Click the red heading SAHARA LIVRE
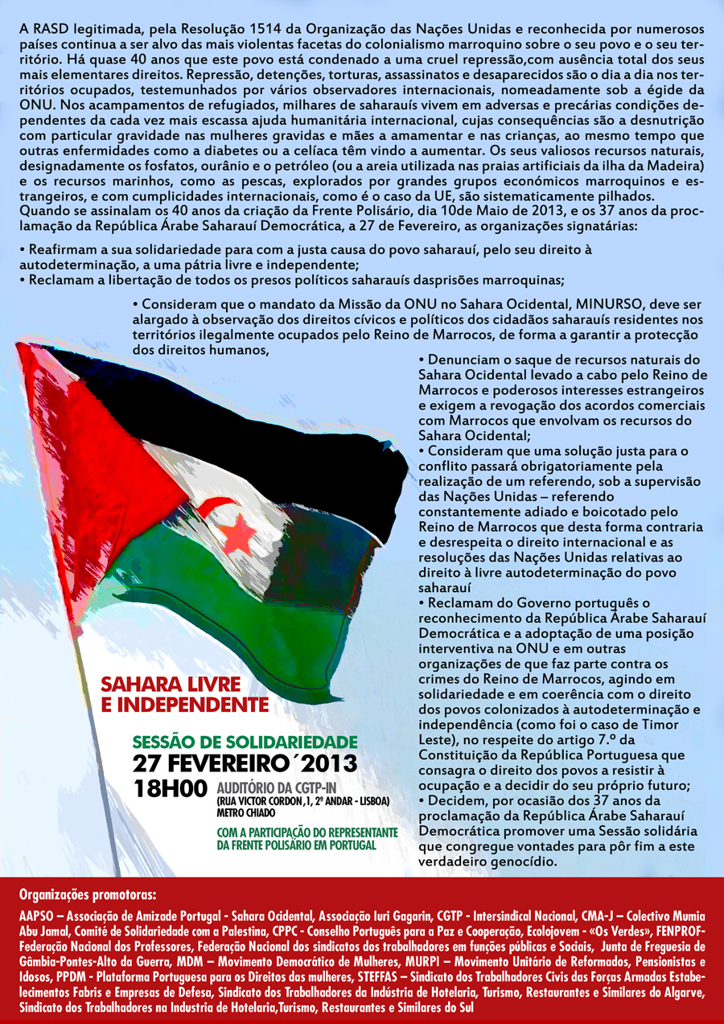click(x=171, y=685)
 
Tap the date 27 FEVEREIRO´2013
click(x=245, y=763)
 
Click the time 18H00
click(x=171, y=789)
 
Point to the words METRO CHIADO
click(x=246, y=812)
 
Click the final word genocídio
click(x=526, y=862)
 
